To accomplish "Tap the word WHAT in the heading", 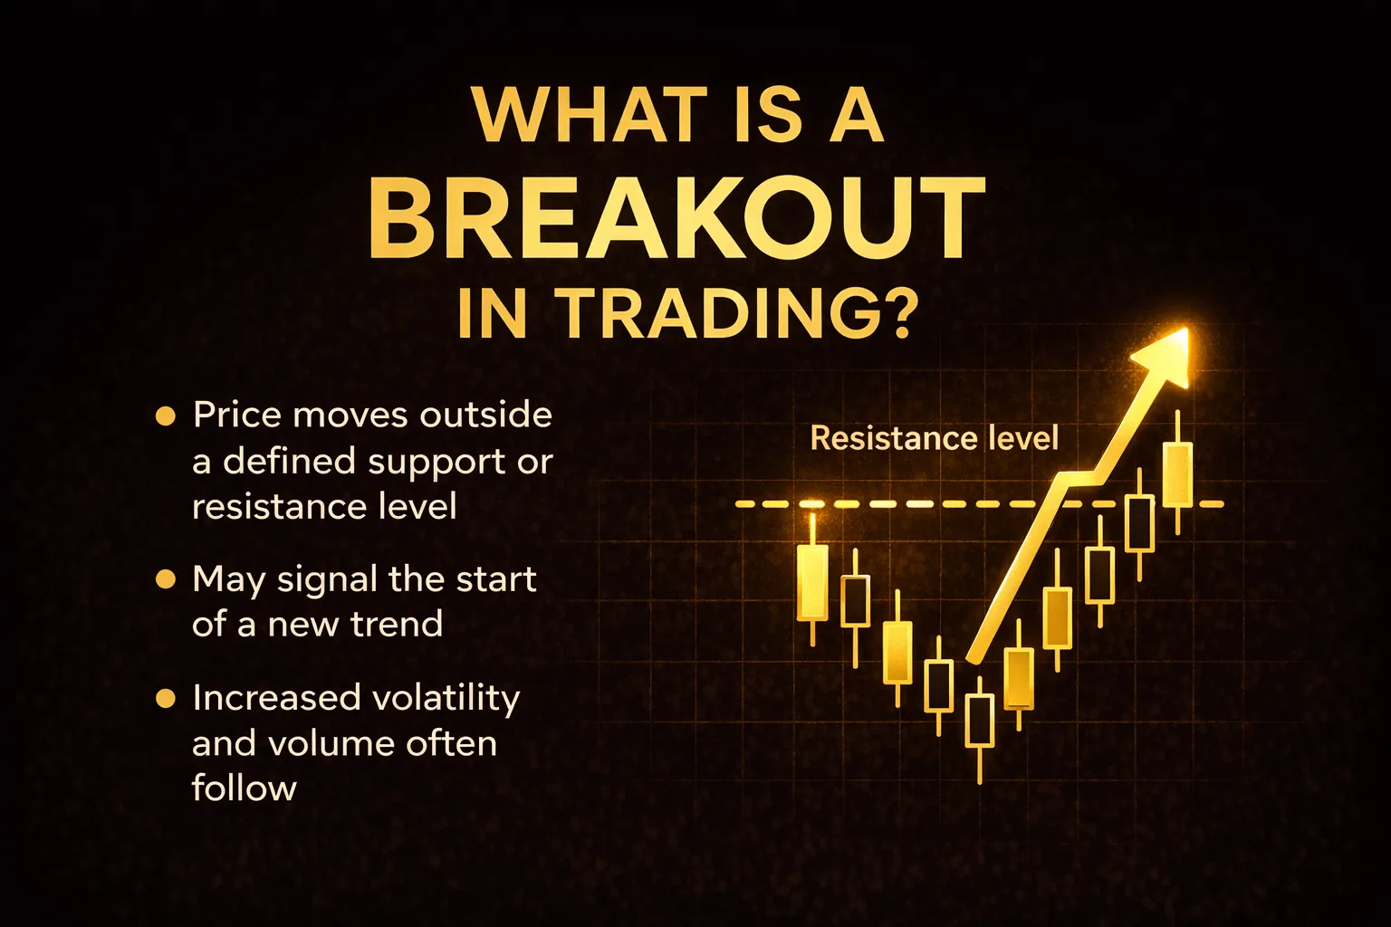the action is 580,116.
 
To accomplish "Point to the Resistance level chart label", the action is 935,438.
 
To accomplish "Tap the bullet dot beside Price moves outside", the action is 165,416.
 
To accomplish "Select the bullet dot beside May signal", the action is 165,580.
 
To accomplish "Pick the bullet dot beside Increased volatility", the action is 165,699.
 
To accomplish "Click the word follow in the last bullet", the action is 244,788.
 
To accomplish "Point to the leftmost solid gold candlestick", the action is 812,581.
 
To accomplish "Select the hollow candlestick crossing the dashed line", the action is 1139,523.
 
